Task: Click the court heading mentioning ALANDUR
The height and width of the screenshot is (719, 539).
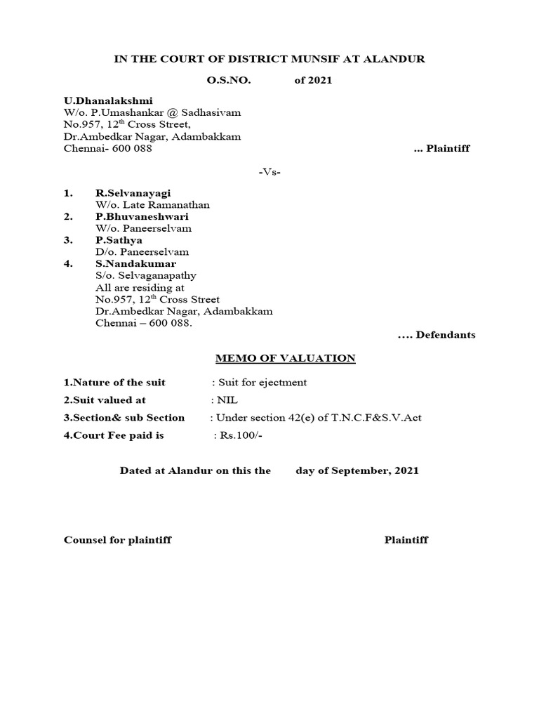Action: pos(269,59)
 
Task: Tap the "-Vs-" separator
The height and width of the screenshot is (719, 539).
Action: pos(269,172)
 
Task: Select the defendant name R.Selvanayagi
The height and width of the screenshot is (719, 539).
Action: pos(133,192)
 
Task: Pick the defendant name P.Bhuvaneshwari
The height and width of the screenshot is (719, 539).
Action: pos(142,216)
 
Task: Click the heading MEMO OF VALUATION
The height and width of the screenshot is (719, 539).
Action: pos(284,359)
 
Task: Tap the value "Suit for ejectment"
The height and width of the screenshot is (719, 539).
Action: pos(262,383)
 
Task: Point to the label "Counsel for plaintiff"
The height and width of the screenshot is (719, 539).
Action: pos(117,540)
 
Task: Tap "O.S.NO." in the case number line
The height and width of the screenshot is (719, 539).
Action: pos(228,80)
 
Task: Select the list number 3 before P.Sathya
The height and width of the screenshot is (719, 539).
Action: pos(67,239)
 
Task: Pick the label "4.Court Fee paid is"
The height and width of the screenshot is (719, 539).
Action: pos(114,435)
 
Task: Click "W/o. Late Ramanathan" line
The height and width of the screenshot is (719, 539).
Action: pos(152,204)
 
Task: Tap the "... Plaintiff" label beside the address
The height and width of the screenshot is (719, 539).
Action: pos(441,149)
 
